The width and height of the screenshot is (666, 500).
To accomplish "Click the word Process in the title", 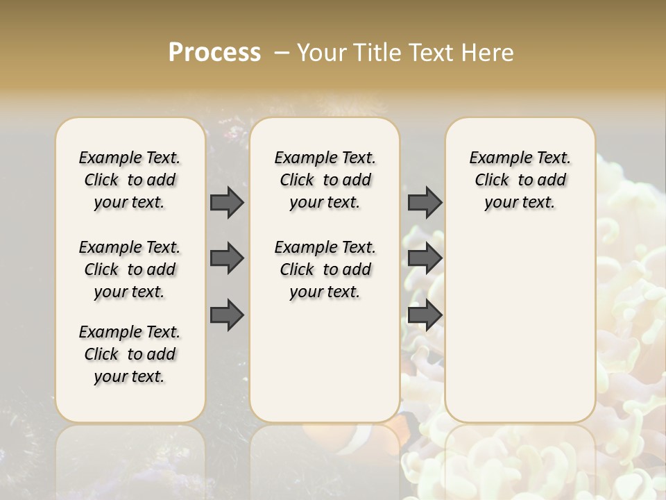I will (x=214, y=52).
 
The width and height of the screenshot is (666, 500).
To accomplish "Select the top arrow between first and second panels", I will (x=227, y=202).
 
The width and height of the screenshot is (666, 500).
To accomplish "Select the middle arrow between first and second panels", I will (x=227, y=258).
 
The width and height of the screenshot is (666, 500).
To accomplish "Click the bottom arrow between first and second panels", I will (x=227, y=315).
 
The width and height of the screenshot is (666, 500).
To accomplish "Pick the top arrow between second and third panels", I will (x=425, y=202).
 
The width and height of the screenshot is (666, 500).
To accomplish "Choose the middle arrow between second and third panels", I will (x=425, y=258).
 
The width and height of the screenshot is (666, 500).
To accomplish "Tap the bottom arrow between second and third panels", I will (x=425, y=315).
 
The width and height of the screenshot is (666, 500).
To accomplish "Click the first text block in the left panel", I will (x=130, y=180).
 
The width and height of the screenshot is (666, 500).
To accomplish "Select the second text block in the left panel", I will (x=130, y=269).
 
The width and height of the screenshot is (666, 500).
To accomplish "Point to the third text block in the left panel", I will (x=130, y=354).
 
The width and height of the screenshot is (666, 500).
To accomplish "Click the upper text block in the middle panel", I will (x=325, y=180).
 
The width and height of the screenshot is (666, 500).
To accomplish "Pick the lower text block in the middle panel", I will (x=325, y=269).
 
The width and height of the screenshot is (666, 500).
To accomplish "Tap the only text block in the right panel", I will (x=520, y=180).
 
